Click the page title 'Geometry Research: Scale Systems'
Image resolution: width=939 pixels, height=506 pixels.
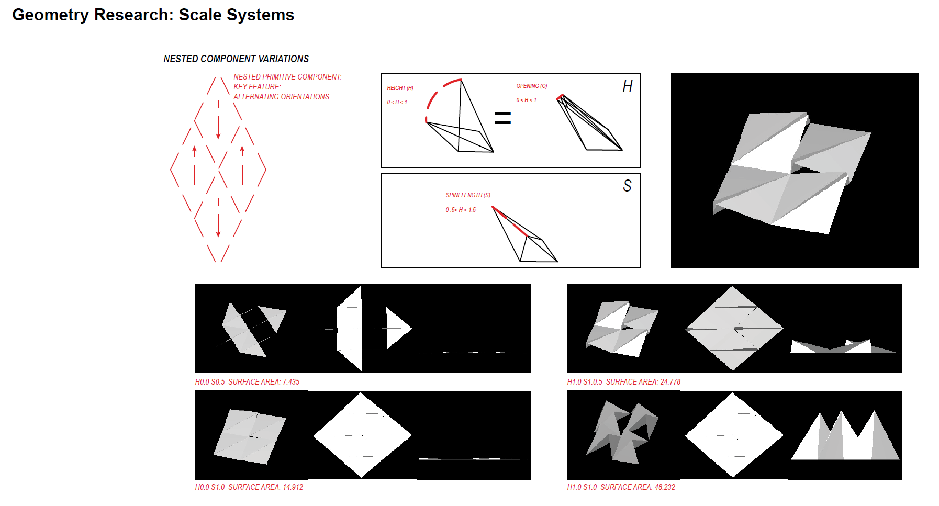(153, 15)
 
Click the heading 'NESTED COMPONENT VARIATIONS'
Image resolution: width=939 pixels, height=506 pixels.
(236, 59)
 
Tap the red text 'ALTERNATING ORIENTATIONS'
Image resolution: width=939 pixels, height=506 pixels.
(281, 97)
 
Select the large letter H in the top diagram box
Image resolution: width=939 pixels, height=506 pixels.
(628, 86)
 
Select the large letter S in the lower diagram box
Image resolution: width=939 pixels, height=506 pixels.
(627, 186)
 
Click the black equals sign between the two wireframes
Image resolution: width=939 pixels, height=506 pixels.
(502, 118)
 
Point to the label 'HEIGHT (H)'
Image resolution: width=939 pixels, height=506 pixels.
(400, 88)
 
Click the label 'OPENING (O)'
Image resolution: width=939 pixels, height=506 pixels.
(531, 86)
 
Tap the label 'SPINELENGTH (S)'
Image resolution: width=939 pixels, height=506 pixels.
(468, 195)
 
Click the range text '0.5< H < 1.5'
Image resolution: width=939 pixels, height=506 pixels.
(461, 210)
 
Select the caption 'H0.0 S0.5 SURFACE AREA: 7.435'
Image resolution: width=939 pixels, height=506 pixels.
(247, 382)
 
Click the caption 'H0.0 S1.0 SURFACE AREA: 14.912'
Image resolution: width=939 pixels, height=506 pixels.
(249, 487)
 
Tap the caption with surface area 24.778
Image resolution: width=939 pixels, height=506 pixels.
(623, 382)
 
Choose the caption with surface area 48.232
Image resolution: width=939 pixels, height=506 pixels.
(621, 487)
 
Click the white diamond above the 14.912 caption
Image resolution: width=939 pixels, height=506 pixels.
(362, 435)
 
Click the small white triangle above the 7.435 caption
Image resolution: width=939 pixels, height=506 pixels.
(397, 328)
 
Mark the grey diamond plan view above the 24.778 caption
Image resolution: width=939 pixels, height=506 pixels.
(734, 328)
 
